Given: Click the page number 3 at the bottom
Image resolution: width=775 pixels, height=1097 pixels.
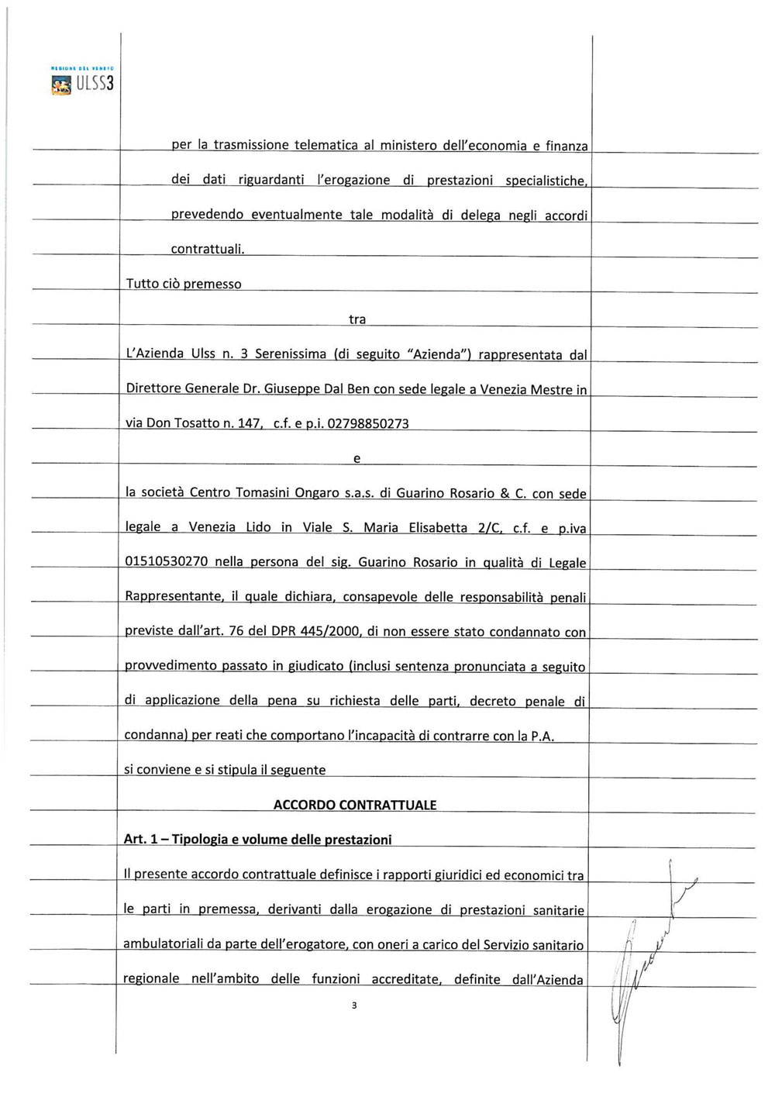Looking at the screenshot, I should coord(354,1006).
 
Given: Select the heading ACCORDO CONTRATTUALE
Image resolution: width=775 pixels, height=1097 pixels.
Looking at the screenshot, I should coord(355,805).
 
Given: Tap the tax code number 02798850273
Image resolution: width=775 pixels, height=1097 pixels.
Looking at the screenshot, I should coord(368,423).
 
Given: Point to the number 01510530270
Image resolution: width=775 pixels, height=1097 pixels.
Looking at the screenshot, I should coord(167,562).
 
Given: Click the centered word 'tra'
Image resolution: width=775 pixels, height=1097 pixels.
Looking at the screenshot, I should coord(357,319).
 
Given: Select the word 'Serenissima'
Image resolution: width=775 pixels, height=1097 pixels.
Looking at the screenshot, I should coord(291,354).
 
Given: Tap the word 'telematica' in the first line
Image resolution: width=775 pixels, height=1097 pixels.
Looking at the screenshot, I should coord(326,145).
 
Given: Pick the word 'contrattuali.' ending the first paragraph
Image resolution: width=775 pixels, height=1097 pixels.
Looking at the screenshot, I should coord(208,249).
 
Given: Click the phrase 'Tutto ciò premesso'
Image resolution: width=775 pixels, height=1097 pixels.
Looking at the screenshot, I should coord(184,284).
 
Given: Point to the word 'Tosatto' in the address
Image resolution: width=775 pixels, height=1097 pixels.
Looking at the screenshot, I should coord(200,423).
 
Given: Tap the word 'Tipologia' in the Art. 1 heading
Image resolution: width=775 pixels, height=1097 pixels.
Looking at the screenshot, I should coord(199,840).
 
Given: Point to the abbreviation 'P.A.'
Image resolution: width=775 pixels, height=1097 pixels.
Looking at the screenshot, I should coord(542,736).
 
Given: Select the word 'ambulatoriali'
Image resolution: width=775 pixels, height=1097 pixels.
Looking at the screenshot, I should coord(161,944).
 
